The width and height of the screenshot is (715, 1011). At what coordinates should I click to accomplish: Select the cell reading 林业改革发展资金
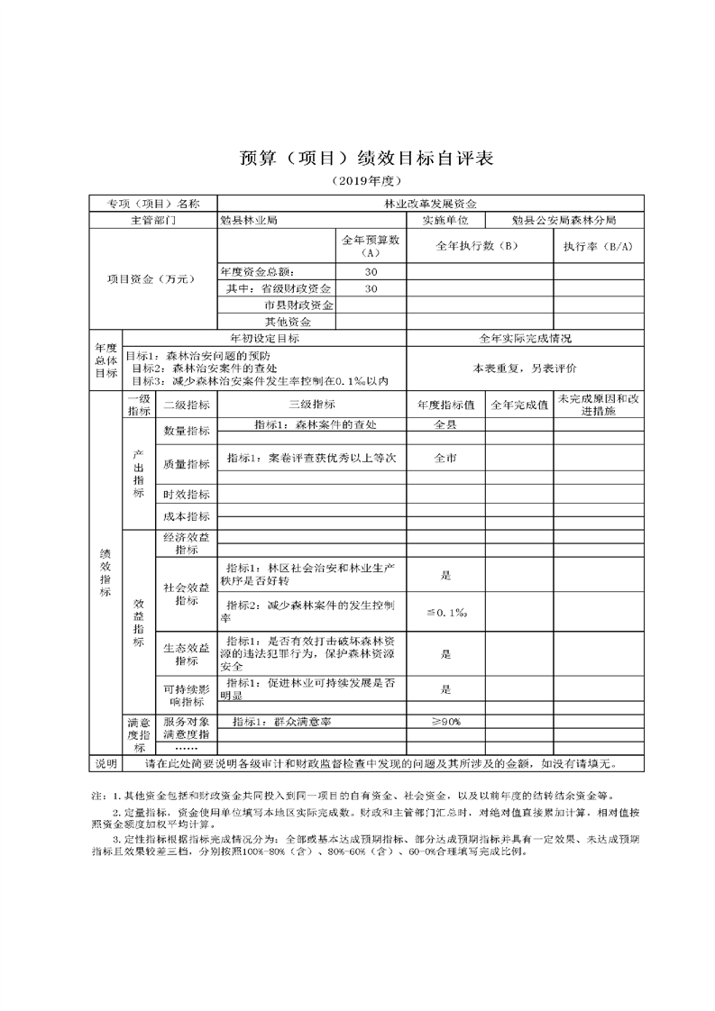pos(431,205)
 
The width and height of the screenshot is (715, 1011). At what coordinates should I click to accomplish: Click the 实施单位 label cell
pos(445,220)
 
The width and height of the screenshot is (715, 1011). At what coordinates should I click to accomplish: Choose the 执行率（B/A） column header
pos(598,246)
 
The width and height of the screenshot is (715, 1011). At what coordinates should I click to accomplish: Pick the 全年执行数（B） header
pos(477,246)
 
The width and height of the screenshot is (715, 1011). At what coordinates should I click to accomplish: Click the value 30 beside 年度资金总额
pos(371,272)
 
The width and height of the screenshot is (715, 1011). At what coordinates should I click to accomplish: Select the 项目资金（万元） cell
pos(151,279)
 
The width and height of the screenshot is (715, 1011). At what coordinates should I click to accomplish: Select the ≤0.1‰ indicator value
pos(445,613)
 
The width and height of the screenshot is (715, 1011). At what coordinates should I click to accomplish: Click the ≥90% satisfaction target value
pos(445,722)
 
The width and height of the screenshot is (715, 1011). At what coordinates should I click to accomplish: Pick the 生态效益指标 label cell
pos(187,653)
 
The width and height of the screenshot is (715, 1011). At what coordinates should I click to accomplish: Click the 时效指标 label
pos(187,495)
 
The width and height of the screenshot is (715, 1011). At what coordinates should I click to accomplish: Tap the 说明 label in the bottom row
pos(105,763)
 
